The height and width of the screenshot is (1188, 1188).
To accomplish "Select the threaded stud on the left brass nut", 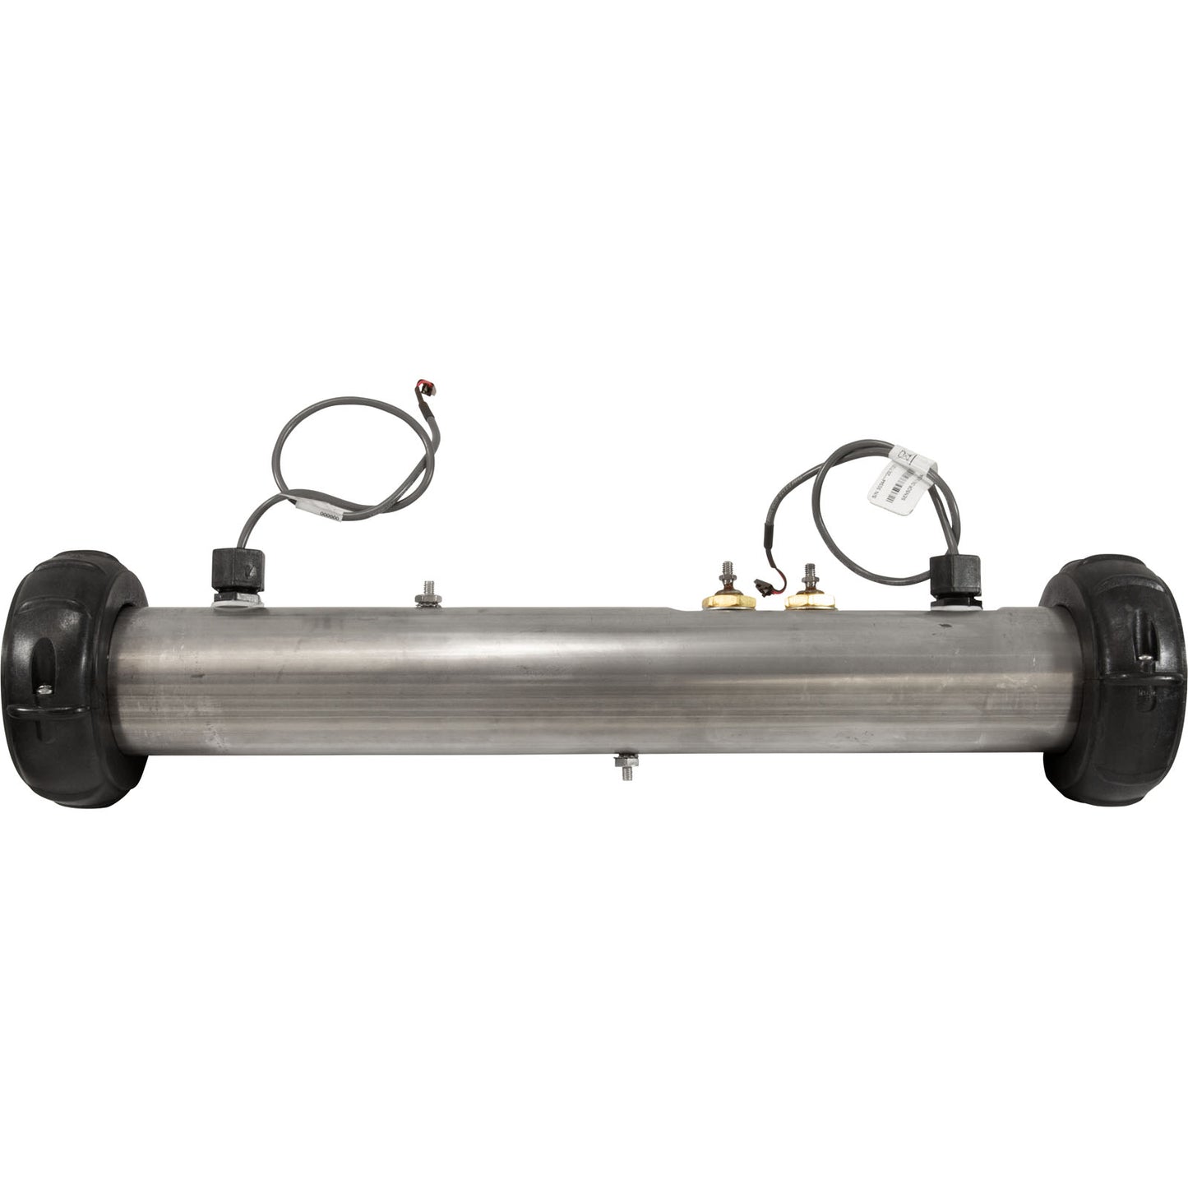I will (727, 571).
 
